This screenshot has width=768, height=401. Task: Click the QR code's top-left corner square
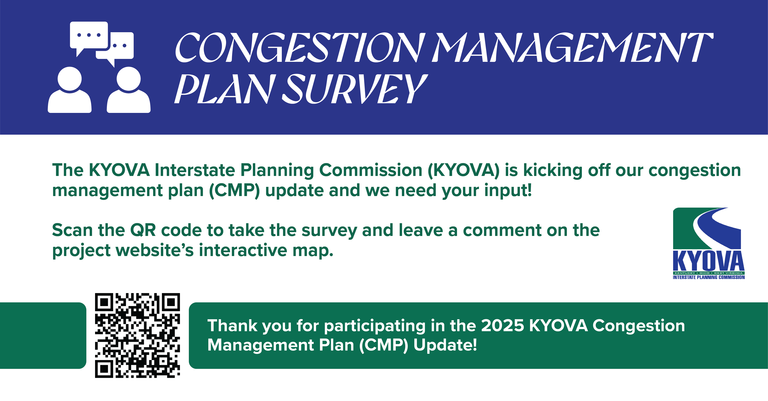104,302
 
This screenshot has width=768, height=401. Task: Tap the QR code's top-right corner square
171,302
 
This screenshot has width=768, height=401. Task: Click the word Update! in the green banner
445,345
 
